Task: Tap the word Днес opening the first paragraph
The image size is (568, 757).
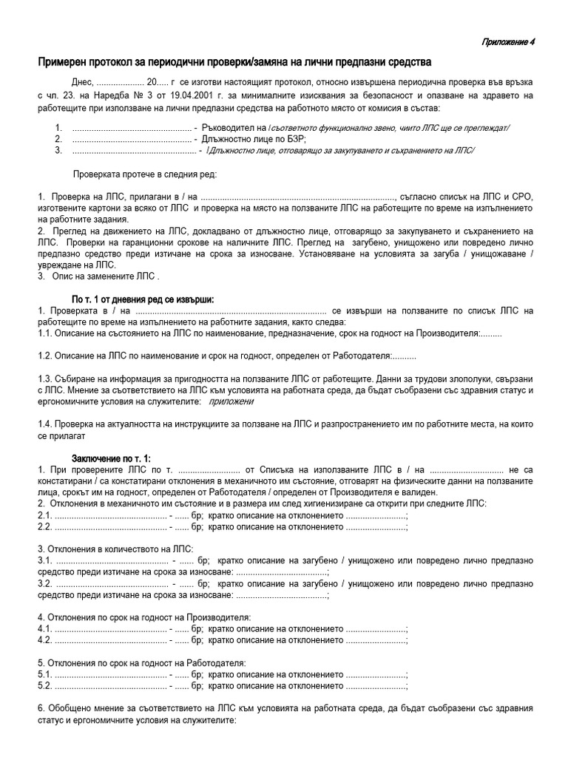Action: coord(84,82)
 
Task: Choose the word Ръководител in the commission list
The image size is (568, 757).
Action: coord(234,127)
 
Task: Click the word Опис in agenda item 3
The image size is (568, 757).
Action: coord(63,276)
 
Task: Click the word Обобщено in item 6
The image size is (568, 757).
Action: coord(74,709)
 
